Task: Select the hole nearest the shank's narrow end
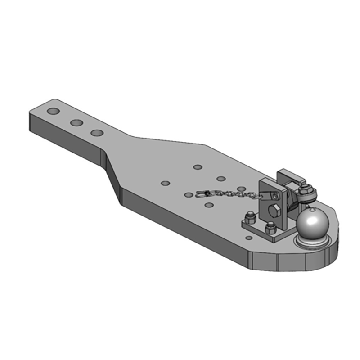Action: pyautogui.click(x=54, y=111)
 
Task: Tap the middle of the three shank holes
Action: pyautogui.click(x=75, y=122)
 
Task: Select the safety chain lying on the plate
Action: pyautogui.click(x=229, y=194)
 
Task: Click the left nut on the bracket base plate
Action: pyautogui.click(x=249, y=220)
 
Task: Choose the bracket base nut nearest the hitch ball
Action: pyautogui.click(x=270, y=229)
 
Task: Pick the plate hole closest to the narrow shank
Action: pyautogui.click(x=166, y=184)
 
